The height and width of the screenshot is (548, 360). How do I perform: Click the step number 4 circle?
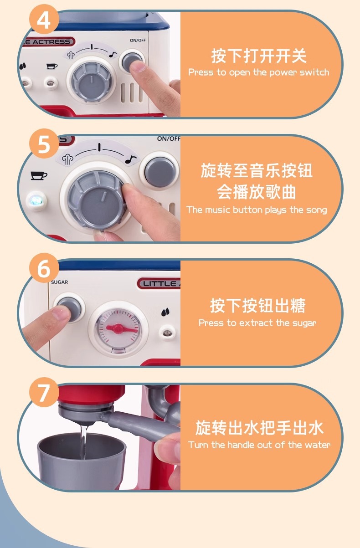click(x=44, y=19)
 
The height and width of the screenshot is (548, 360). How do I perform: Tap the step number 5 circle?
click(x=44, y=143)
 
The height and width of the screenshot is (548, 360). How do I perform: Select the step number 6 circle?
click(x=44, y=268)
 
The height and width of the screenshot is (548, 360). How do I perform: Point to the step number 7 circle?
click(x=44, y=392)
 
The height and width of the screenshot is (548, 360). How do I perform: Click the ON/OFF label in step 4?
click(x=138, y=40)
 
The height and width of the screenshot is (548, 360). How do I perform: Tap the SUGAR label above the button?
click(x=60, y=282)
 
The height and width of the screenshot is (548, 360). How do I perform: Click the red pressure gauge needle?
click(x=121, y=328)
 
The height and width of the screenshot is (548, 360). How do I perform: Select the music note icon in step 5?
click(x=131, y=159)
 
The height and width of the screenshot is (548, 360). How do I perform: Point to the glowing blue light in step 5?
click(x=36, y=201)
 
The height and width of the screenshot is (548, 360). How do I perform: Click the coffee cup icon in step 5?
click(x=39, y=175)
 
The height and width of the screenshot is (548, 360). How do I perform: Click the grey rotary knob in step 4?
click(x=92, y=81)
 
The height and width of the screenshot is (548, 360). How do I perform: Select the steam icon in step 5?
click(x=68, y=159)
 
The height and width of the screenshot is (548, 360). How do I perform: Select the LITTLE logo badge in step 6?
click(x=159, y=283)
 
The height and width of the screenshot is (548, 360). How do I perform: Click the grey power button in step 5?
click(x=160, y=172)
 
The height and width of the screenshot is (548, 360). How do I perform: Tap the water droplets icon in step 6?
click(x=165, y=312)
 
